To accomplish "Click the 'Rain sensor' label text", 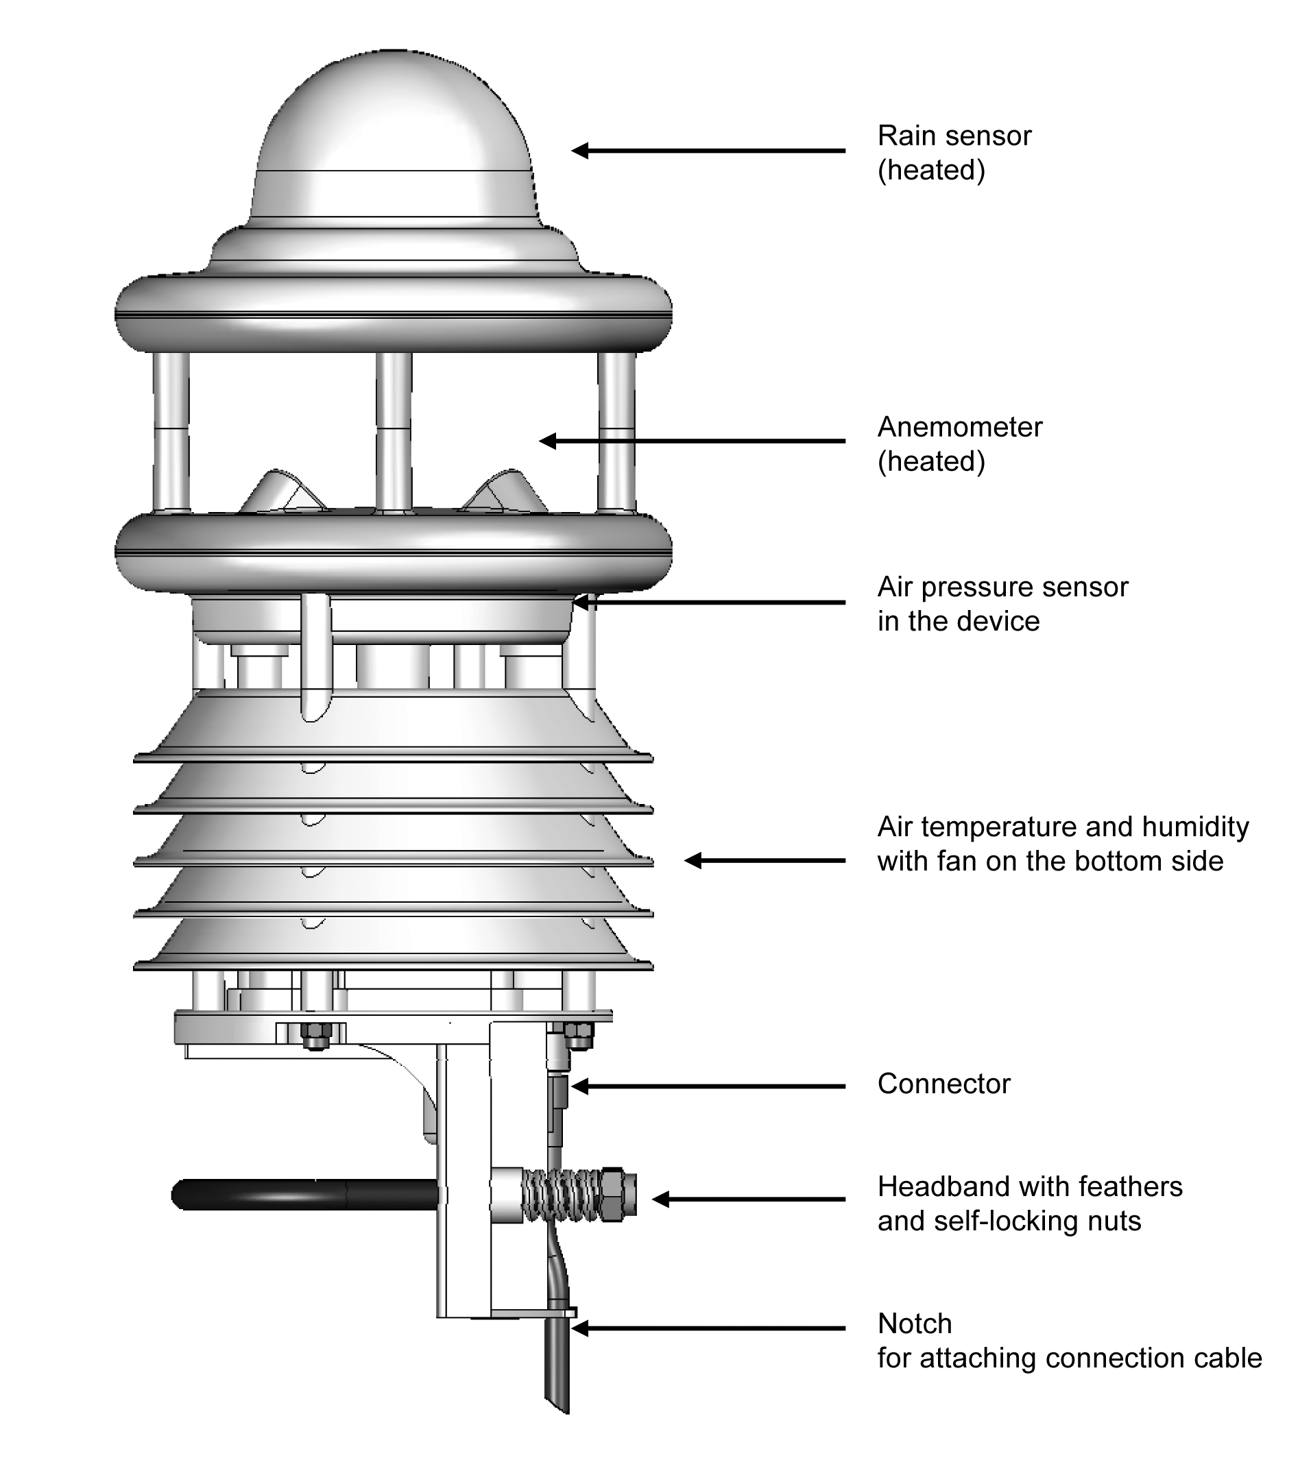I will (954, 136).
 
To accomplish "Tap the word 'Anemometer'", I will (959, 427).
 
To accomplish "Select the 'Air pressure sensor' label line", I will (1002, 587).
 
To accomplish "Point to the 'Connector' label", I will (943, 1084).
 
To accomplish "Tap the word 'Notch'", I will (915, 1324).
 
